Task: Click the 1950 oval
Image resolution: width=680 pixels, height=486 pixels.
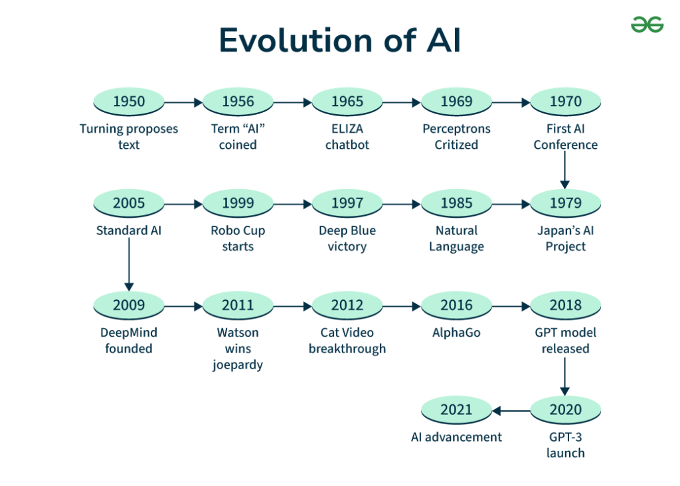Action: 129,102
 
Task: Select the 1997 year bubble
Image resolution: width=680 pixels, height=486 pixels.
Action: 347,203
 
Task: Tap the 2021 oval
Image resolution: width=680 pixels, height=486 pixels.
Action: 457,410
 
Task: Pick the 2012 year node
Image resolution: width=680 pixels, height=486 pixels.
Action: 347,305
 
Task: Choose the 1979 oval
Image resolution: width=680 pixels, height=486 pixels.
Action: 566,203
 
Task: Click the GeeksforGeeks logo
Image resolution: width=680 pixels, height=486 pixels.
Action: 647,25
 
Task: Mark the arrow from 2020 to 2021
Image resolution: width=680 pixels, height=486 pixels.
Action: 511,410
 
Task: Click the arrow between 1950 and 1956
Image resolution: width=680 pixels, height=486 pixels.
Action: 183,102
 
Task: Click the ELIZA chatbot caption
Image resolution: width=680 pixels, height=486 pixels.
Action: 347,137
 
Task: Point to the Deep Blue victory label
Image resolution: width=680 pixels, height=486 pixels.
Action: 347,238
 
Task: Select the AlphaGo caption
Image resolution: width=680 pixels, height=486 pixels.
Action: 457,333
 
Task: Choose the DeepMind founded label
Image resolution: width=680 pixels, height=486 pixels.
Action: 129,341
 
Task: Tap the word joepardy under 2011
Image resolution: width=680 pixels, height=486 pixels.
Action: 238,364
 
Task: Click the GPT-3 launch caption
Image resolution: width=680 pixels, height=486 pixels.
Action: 566,445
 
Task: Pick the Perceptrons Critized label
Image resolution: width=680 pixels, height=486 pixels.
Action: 457,137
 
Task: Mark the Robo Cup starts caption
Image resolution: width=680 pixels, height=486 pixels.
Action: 238,238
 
